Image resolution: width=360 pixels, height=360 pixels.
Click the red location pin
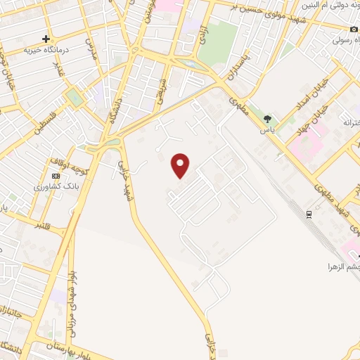181,165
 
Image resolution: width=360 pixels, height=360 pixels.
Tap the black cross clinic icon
46,39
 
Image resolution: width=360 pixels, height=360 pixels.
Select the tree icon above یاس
266,117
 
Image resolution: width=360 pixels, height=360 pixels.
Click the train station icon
309,214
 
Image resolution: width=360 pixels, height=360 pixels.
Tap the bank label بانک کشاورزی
53,186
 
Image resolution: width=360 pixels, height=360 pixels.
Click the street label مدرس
89,48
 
